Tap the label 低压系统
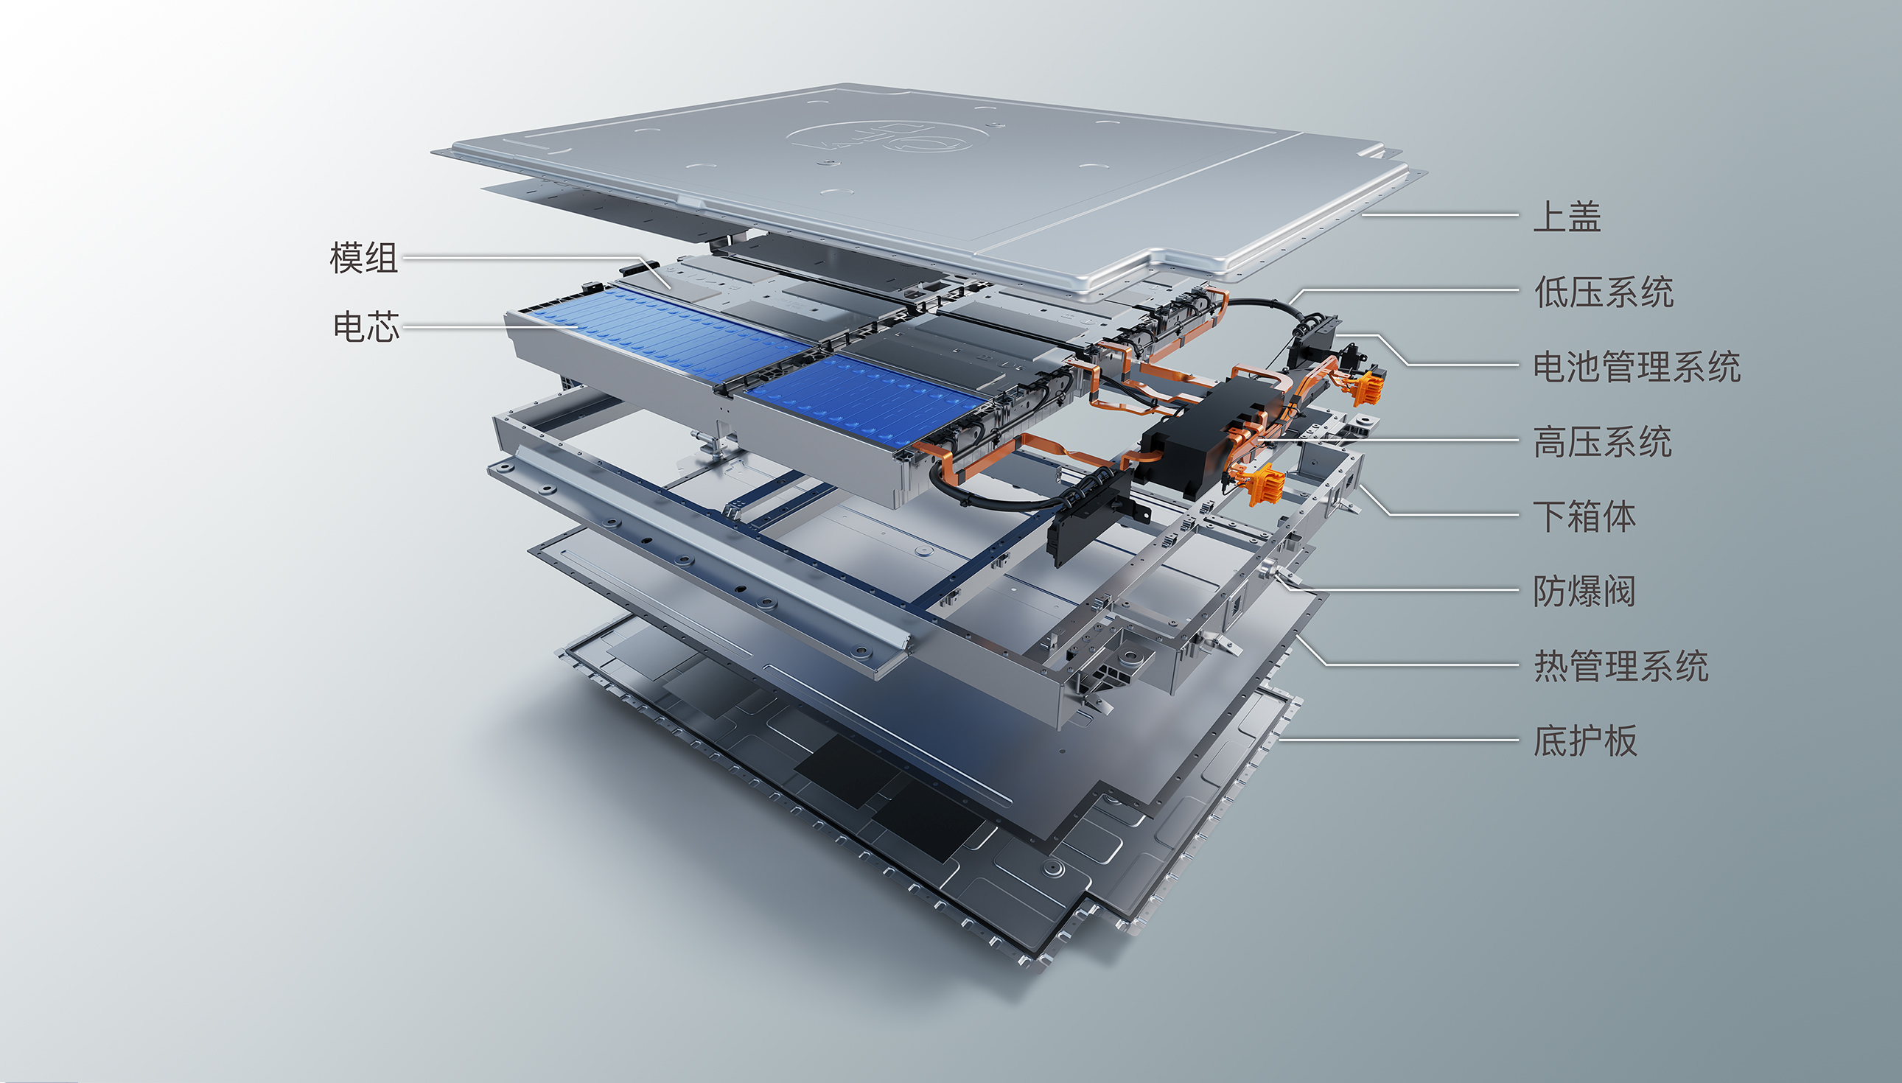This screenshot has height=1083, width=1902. (x=1604, y=291)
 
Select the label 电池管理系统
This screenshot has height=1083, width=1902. (x=1637, y=366)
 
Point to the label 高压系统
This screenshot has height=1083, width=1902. (x=1603, y=441)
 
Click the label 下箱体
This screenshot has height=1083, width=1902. (x=1584, y=516)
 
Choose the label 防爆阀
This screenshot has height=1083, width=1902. (x=1584, y=591)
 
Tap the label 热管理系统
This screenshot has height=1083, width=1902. (x=1620, y=666)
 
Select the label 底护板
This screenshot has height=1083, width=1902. (x=1585, y=741)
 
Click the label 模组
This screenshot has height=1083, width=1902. (x=364, y=258)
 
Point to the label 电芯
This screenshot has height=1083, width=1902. (x=366, y=326)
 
